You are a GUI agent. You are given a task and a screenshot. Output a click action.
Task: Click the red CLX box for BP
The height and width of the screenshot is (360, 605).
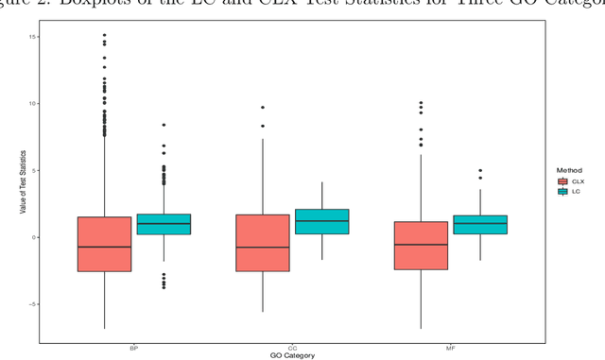pyautogui.click(x=104, y=244)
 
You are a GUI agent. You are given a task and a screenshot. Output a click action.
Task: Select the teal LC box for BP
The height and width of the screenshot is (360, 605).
pyautogui.click(x=164, y=224)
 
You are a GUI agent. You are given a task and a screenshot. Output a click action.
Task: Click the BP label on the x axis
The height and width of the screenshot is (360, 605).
pyautogui.click(x=133, y=348)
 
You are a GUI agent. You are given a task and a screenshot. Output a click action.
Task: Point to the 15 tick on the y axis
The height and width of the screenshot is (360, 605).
pyautogui.click(x=32, y=36)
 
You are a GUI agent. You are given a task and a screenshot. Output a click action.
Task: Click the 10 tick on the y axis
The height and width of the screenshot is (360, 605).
pyautogui.click(x=32, y=103)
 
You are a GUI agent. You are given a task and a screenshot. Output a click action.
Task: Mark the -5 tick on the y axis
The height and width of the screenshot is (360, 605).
pyautogui.click(x=32, y=304)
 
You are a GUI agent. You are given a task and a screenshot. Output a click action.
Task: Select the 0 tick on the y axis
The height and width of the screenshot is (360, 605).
pyautogui.click(x=34, y=237)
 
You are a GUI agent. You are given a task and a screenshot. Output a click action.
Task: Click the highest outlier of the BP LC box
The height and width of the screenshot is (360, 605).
pyautogui.click(x=164, y=125)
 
